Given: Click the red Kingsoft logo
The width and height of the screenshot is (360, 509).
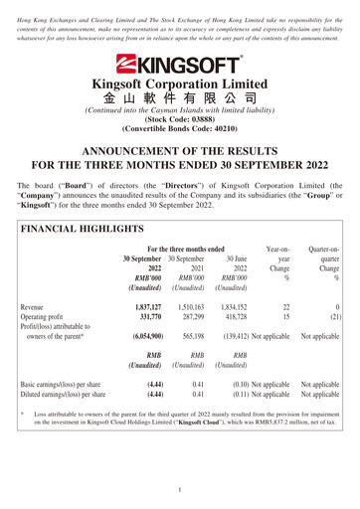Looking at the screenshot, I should pyautogui.click(x=179, y=65).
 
